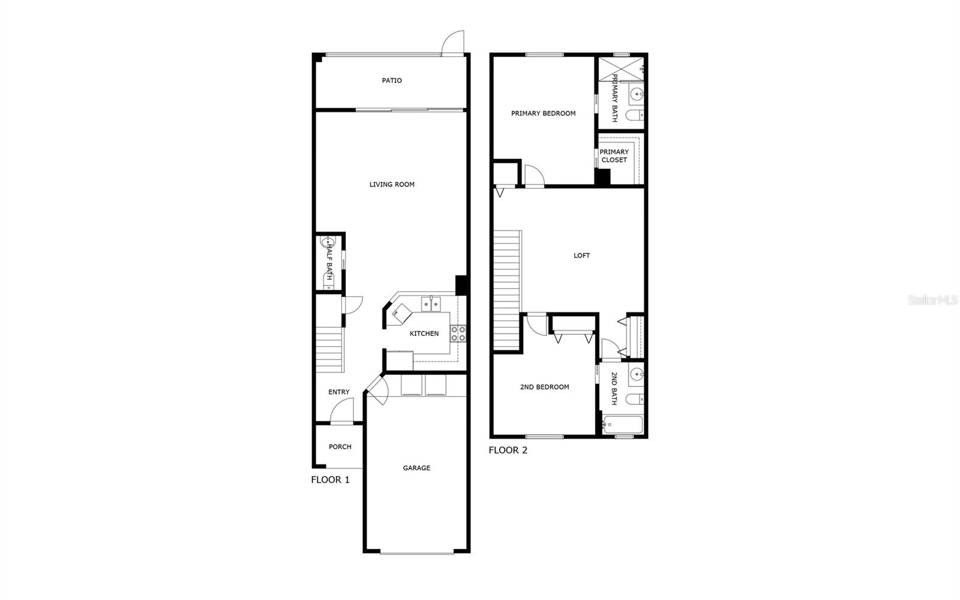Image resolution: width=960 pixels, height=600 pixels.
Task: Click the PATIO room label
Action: (392, 80)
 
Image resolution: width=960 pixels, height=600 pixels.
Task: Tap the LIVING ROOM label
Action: (392, 184)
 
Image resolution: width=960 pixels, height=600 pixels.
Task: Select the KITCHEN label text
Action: (424, 334)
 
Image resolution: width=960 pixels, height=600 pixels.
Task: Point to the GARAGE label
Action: (416, 468)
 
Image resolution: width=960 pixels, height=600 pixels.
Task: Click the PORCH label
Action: (340, 447)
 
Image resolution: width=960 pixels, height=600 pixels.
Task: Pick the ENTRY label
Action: (339, 392)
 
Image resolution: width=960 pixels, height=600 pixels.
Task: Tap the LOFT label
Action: (581, 256)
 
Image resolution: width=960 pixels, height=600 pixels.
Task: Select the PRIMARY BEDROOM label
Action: (543, 113)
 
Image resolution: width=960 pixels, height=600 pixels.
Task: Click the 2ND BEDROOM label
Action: (544, 387)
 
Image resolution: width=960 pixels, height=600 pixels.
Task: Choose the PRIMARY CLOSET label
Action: (614, 156)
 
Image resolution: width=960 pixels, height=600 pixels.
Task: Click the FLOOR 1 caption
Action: (330, 480)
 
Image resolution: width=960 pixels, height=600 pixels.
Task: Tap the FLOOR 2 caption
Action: (508, 451)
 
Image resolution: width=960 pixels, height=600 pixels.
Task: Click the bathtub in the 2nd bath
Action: (622, 425)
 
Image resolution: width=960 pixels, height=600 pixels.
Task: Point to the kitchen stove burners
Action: (458, 334)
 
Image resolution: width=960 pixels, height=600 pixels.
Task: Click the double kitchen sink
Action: (430, 304)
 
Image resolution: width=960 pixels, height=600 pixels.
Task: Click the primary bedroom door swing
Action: (533, 176)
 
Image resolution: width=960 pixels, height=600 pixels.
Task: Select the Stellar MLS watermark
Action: (932, 300)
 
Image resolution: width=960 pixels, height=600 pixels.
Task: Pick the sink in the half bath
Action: (326, 244)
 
